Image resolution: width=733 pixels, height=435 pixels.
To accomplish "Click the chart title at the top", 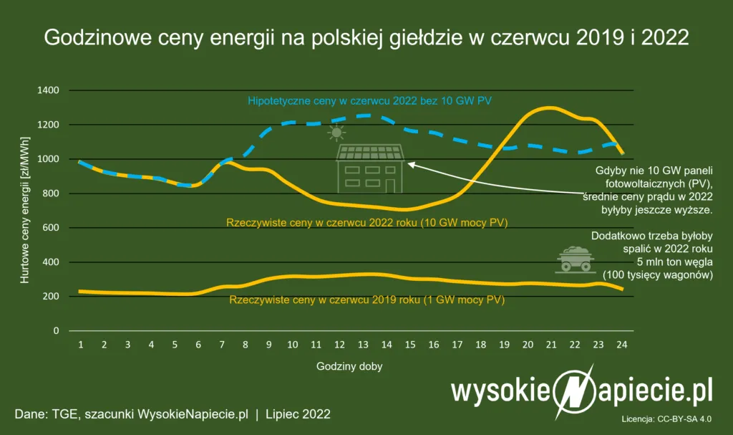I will pos(366,37).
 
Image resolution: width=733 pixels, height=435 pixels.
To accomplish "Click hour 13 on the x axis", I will pos(363,345).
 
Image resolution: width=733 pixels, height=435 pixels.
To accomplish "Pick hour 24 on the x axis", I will pos(622,345).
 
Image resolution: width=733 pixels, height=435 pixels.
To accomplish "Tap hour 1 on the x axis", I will pos(81,345).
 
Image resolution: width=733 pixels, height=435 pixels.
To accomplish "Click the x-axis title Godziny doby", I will pos(349,366).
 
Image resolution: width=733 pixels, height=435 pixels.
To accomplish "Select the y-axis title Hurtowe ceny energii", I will pos(24,210).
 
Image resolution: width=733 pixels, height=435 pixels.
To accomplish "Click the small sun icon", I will pos(336,133).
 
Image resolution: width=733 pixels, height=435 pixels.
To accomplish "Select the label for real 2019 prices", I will pos(366,300).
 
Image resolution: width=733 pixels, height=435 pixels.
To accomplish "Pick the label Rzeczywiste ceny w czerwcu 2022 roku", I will pos(366,222).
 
